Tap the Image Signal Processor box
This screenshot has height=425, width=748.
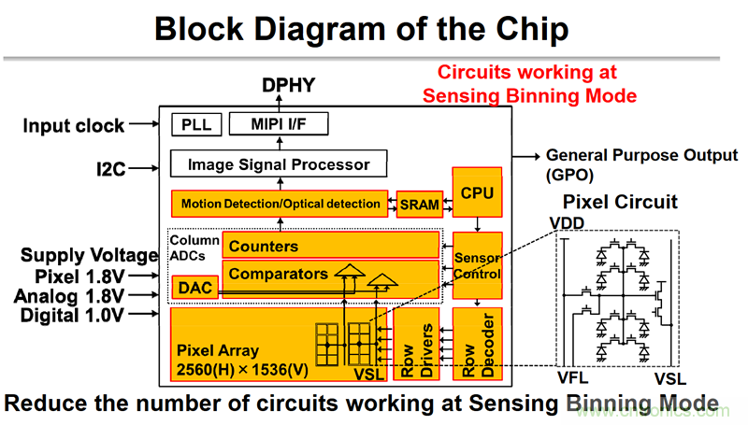(x=279, y=165)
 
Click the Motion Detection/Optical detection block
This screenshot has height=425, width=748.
(x=281, y=203)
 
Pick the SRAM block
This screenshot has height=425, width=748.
(x=418, y=205)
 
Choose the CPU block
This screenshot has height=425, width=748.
(x=477, y=192)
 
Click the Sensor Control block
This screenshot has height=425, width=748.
(x=477, y=265)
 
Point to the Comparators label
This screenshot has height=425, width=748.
(x=278, y=274)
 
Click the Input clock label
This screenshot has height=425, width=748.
(x=74, y=124)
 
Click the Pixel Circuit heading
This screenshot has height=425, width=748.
(x=620, y=202)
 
